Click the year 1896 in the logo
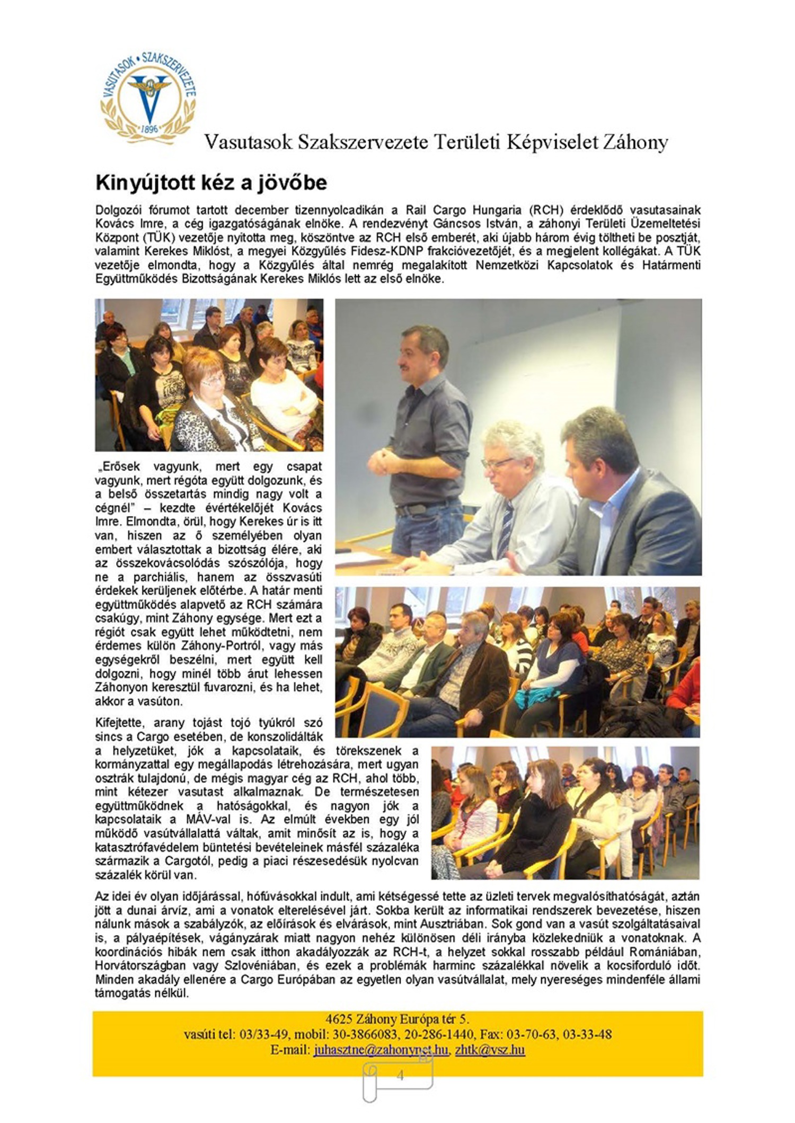point(149,129)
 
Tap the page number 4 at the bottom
point(400,1075)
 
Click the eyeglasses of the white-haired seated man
point(498,462)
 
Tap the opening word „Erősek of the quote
point(117,467)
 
